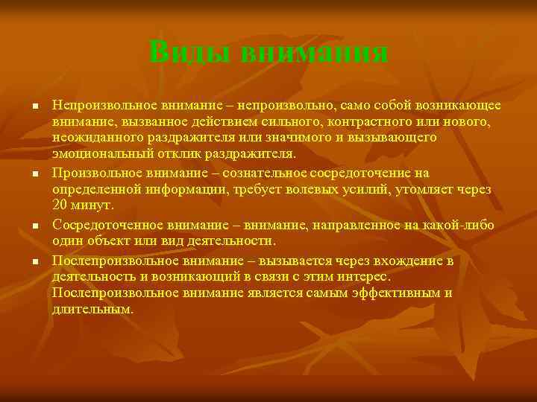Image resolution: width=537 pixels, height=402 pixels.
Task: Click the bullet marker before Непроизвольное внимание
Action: point(34,106)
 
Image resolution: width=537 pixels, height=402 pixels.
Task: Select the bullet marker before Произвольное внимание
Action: point(34,173)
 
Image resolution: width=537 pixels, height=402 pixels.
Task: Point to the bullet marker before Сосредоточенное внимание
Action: point(34,225)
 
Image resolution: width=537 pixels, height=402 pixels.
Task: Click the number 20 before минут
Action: point(60,207)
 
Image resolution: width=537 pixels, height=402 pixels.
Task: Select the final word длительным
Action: point(93,310)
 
